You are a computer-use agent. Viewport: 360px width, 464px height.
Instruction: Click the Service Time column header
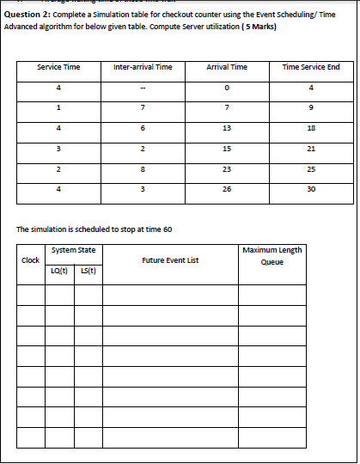pos(59,67)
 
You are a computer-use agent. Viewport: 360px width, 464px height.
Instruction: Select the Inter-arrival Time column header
pos(143,67)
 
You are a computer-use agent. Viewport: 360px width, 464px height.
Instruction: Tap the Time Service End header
pos(310,67)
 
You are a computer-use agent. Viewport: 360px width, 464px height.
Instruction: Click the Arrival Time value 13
pos(227,128)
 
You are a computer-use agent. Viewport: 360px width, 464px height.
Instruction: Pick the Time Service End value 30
pos(310,188)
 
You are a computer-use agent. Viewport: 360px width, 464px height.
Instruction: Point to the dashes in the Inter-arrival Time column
pos(143,88)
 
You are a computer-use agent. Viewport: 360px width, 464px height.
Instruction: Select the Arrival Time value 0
pos(227,88)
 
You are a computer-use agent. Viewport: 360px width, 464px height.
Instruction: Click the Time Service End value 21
pos(310,148)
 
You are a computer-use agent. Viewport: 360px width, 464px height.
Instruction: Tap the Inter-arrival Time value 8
pos(143,168)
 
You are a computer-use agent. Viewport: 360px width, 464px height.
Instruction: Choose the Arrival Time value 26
pos(227,188)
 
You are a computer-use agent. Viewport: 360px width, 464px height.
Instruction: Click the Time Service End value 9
pos(310,108)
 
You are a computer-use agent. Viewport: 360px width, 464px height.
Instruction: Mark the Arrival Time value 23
pos(227,168)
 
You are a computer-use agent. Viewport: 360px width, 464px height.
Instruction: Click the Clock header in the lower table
pos(30,260)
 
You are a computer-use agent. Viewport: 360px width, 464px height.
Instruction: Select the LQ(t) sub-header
pos(60,272)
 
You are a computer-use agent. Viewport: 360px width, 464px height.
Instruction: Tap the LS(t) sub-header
pos(88,272)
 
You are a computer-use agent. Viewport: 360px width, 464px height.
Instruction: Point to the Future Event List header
pos(170,260)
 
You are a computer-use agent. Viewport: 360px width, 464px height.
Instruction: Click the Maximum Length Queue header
pos(272,256)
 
